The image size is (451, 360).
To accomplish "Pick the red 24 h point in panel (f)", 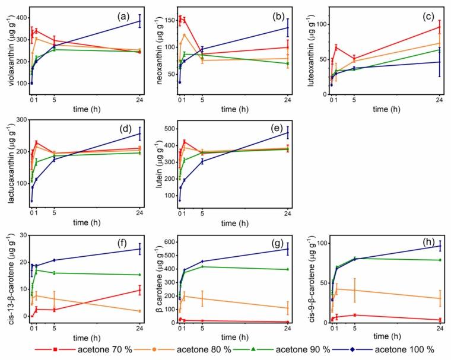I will coord(140,290).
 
